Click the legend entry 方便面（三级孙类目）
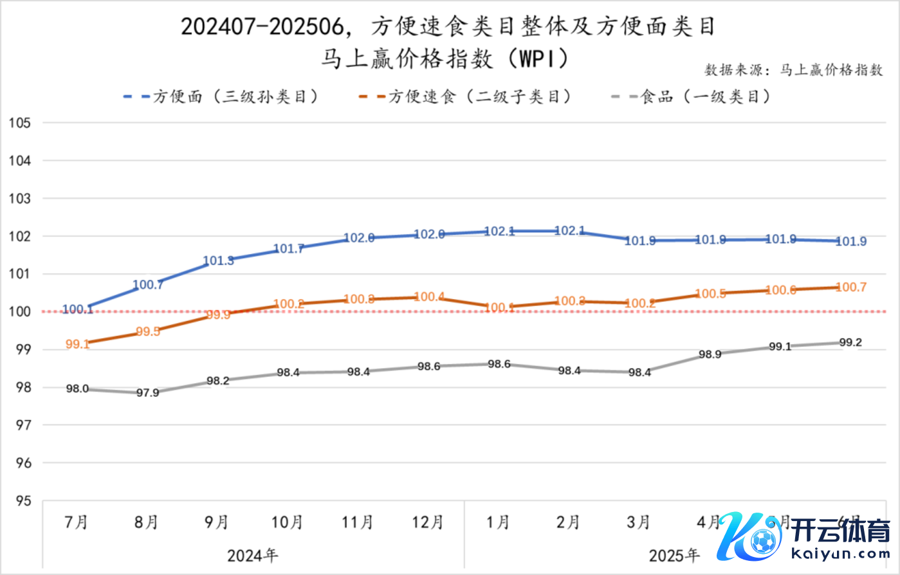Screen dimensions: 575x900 tap(221, 97)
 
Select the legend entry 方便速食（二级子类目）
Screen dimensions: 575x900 tap(465, 97)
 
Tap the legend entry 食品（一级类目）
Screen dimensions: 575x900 tap(691, 97)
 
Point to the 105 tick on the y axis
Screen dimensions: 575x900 tap(20, 123)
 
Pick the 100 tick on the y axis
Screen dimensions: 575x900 tap(20, 312)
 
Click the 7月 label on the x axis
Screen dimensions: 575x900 tap(77, 522)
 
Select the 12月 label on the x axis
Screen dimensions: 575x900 tap(428, 522)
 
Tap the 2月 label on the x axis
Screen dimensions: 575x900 tap(569, 522)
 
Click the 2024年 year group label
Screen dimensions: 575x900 tap(253, 555)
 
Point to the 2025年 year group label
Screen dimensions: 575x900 tap(674, 555)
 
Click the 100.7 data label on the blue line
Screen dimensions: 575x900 tap(148, 284)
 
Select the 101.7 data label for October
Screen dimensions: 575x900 tap(288, 249)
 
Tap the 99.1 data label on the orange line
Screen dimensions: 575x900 tap(77, 345)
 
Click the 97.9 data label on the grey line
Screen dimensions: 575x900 tap(148, 392)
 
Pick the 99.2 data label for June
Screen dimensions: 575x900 tap(850, 342)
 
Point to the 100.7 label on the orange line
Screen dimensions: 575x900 tap(851, 287)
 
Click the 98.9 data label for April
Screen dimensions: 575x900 tap(710, 354)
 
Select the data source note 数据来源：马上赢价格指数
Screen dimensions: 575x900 tap(794, 69)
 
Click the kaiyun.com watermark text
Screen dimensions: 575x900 tap(840, 553)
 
